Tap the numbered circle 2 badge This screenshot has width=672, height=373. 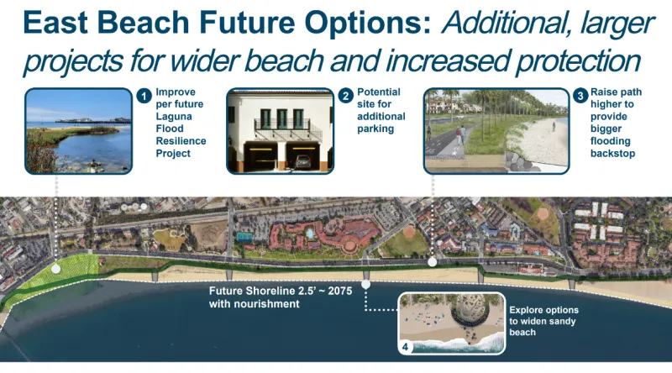click(x=345, y=96)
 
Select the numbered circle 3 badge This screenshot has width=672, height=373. click(x=580, y=96)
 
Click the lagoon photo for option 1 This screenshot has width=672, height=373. click(x=78, y=129)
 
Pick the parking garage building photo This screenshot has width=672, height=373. click(x=280, y=129)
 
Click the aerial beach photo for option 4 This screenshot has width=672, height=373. click(x=450, y=323)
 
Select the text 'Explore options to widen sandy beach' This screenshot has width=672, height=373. click(x=543, y=321)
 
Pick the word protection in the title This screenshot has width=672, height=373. click(x=572, y=60)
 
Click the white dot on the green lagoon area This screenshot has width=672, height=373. click(x=55, y=270)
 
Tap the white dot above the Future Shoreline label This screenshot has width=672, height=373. click(x=366, y=284)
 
